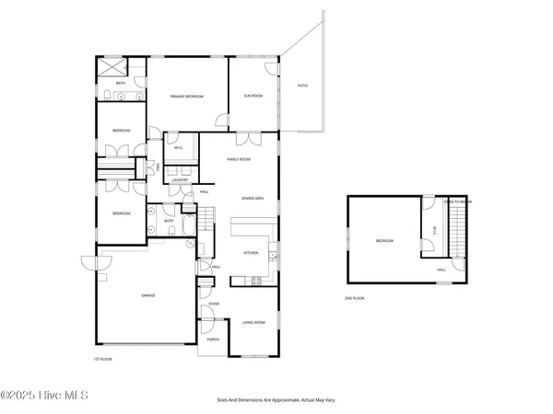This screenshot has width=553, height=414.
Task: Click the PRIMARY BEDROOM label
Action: [186, 97]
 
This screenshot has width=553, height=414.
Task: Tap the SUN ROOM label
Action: [251, 95]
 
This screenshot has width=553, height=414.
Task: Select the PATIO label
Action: [302, 86]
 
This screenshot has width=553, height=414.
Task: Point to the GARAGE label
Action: [147, 295]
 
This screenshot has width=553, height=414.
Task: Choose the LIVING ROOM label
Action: [253, 322]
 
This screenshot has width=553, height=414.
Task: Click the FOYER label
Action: [214, 303]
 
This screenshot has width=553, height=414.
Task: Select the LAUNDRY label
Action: [180, 180]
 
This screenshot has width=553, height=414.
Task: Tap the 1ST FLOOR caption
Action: [102, 359]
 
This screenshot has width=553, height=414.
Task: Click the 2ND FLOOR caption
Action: [355, 299]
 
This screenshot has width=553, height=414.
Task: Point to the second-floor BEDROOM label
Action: [384, 241]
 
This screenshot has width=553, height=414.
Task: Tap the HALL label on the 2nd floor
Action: [441, 270]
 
